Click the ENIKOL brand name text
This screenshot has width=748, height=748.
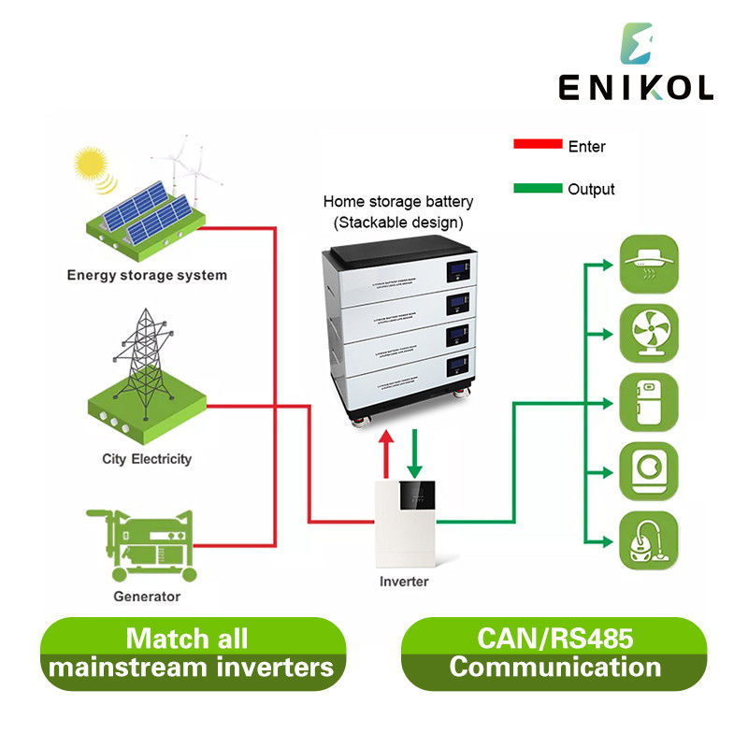(636, 87)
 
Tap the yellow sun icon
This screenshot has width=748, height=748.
(90, 165)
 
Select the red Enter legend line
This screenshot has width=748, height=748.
(537, 145)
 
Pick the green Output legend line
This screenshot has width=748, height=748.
(537, 188)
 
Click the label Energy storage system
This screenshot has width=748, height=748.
(147, 275)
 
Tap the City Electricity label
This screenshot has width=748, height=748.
(147, 459)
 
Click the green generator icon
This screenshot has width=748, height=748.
(142, 544)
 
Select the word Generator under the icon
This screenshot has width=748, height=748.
(147, 596)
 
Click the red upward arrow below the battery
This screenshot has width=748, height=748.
(386, 453)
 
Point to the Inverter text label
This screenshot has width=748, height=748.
(404, 582)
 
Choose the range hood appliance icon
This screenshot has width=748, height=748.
(650, 263)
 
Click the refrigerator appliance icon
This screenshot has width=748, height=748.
(650, 403)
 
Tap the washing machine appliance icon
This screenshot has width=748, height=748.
(650, 472)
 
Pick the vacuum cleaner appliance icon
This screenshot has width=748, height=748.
(650, 541)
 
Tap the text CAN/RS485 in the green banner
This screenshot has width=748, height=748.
(554, 640)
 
